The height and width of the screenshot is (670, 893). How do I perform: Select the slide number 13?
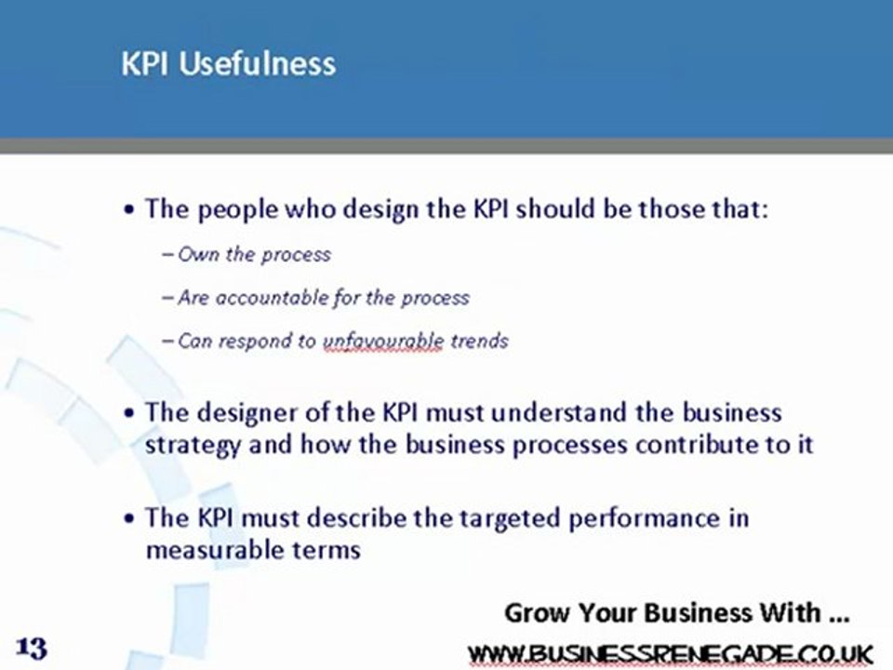point(32,647)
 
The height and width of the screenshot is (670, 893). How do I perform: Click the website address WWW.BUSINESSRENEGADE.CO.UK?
point(671,652)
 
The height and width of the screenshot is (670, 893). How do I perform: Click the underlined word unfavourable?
point(383,341)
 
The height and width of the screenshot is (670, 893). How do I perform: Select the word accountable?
point(269,298)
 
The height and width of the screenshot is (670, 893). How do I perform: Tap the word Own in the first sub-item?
point(197,254)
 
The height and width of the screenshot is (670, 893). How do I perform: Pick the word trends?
point(479,341)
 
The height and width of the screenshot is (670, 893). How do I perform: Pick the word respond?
point(258,342)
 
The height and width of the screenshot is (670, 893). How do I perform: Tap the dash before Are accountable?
point(167,298)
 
